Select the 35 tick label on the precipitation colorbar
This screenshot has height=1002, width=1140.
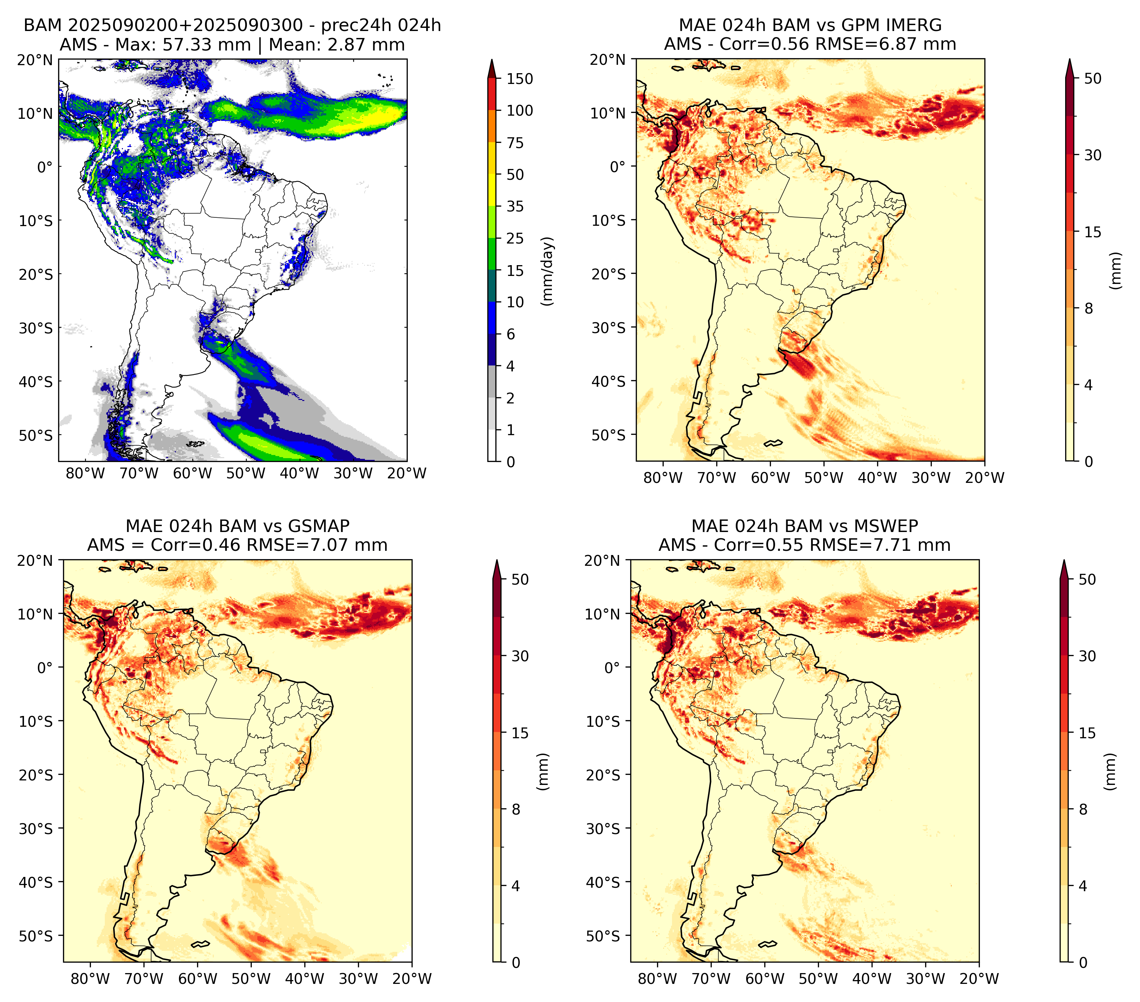tap(515, 206)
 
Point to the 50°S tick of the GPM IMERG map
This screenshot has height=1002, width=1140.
tap(609, 434)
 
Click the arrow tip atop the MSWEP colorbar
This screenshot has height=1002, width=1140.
tap(1064, 560)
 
